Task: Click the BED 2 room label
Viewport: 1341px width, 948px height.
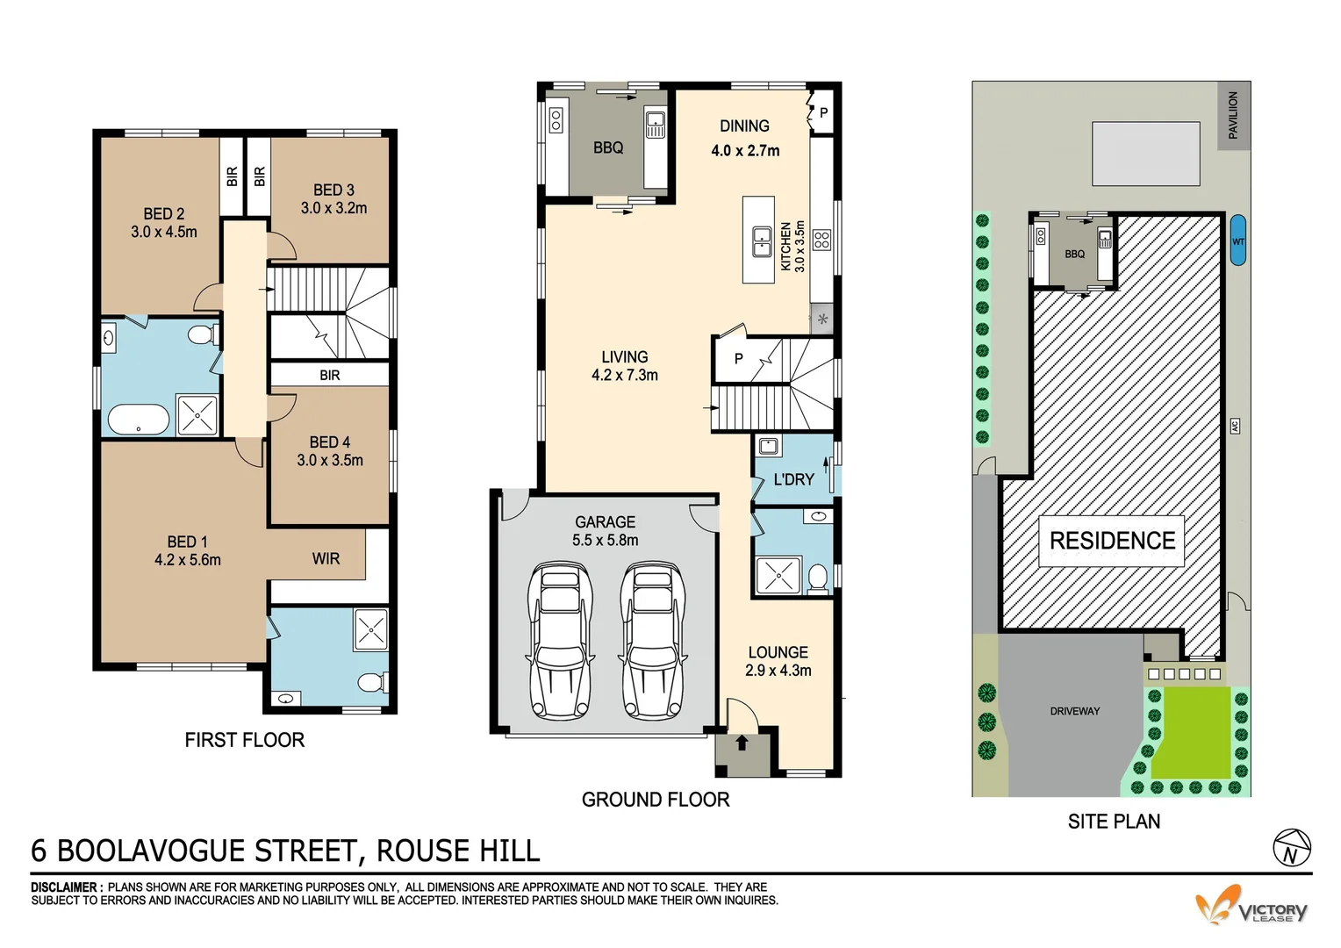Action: click(163, 213)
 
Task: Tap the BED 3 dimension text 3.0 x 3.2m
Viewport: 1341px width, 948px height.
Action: click(333, 208)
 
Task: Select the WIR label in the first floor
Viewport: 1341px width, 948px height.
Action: click(326, 558)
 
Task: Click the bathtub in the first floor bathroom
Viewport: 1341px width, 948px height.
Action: click(139, 420)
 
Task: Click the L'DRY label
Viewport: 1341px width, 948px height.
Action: click(793, 479)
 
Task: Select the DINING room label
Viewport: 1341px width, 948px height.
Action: click(744, 126)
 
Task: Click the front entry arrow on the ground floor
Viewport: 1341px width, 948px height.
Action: click(742, 743)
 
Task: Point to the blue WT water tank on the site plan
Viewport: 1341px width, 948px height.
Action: click(1237, 240)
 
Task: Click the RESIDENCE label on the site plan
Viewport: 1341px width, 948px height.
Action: click(1112, 540)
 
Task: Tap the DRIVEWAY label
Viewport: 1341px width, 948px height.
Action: click(1074, 711)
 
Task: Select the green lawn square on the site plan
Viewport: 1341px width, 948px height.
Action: click(1190, 732)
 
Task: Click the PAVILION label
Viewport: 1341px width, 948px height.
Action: click(1233, 115)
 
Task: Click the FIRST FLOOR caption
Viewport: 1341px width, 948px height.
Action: click(244, 740)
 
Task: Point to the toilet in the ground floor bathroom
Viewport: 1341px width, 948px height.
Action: click(816, 577)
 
